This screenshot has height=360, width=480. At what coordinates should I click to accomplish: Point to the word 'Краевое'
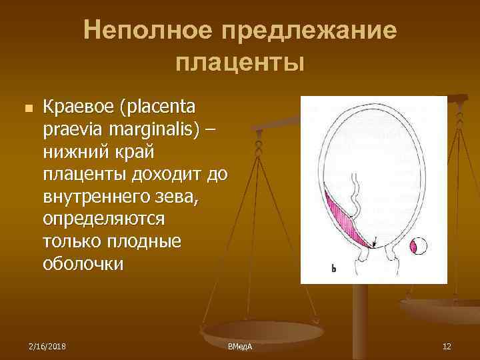pos(78,107)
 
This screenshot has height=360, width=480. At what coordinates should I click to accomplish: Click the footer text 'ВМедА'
pos(244,347)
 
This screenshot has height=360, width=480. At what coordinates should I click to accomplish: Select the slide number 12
pos(447,346)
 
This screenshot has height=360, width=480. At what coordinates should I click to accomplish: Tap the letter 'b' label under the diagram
pos(333,269)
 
